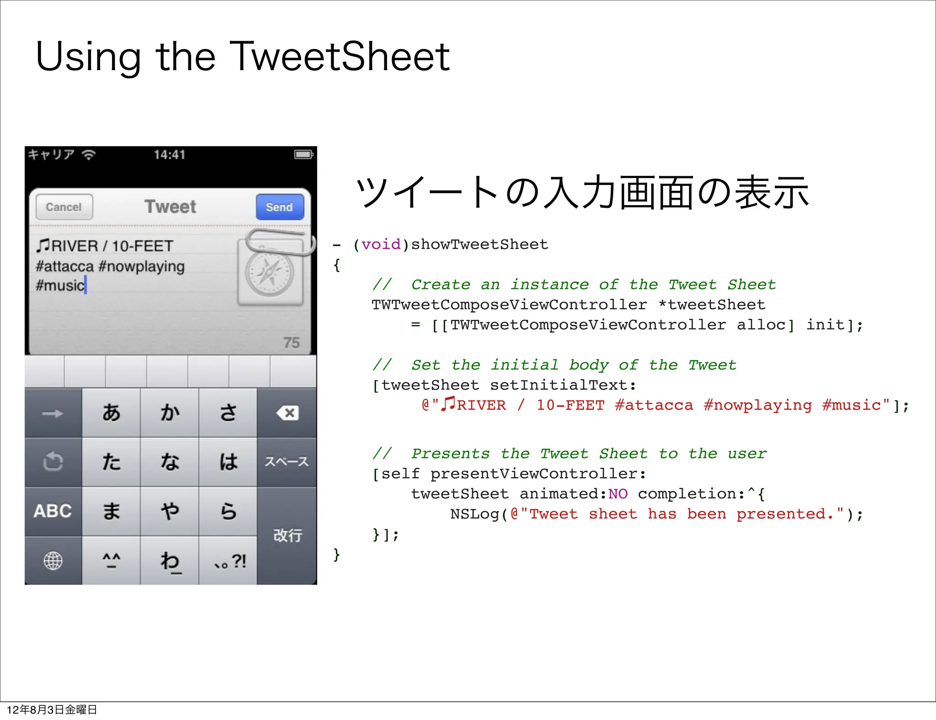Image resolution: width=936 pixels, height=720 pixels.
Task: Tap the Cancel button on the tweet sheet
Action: point(64,207)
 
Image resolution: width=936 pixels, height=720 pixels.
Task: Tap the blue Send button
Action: point(280,207)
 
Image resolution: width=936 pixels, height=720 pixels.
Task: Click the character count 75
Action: point(292,343)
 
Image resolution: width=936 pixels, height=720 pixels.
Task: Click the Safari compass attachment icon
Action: point(270,273)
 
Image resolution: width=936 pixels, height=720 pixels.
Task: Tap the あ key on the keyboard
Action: point(111,413)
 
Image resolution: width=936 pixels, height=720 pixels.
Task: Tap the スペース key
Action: point(287,462)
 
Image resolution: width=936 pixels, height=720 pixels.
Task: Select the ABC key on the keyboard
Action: point(53,511)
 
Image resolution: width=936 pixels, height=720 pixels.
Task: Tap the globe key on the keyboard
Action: point(53,561)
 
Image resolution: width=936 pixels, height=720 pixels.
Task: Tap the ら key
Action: point(228,511)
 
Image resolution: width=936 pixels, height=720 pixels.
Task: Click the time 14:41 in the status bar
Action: point(170,155)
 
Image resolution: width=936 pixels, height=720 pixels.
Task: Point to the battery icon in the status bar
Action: point(303,154)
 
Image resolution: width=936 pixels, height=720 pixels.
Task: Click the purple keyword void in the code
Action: point(381,244)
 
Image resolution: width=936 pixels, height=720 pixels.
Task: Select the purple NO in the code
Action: point(618,494)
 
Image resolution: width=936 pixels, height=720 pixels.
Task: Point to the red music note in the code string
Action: point(448,403)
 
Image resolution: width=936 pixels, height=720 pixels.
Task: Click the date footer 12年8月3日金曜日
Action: point(52,709)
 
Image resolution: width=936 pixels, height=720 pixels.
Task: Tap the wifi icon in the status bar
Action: point(88,155)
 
